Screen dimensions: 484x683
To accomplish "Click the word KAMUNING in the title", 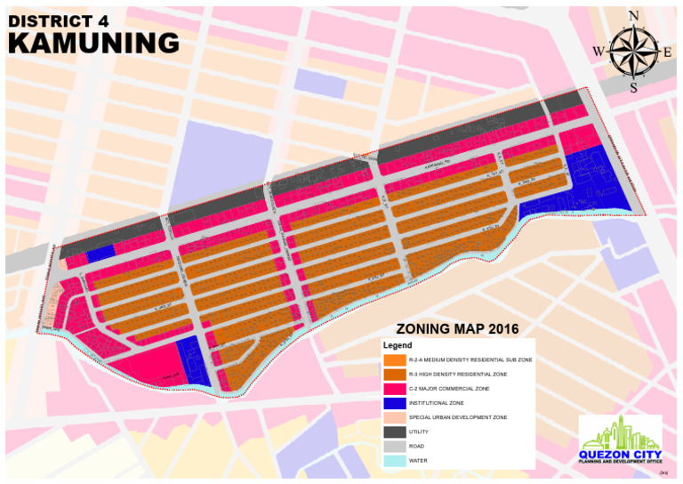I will click(x=93, y=42).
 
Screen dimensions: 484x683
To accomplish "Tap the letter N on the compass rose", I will click(x=633, y=15).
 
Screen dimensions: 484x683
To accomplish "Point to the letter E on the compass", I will click(x=667, y=52).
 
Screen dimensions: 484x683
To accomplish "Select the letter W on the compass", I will click(x=599, y=52).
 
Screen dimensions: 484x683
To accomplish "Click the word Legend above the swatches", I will click(x=398, y=344).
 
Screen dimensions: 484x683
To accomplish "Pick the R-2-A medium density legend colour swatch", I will click(x=395, y=359).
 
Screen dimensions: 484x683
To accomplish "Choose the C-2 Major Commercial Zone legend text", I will click(x=449, y=389).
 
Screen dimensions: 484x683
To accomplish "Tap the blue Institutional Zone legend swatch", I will click(x=395, y=403).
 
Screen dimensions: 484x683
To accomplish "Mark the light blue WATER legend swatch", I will click(x=395, y=461).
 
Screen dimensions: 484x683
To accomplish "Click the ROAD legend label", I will click(x=416, y=446).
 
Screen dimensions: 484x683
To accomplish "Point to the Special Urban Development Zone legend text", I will click(x=457, y=417).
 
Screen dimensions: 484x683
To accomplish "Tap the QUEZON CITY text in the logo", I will click(x=620, y=455).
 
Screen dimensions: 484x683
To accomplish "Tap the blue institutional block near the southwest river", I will click(x=193, y=360).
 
